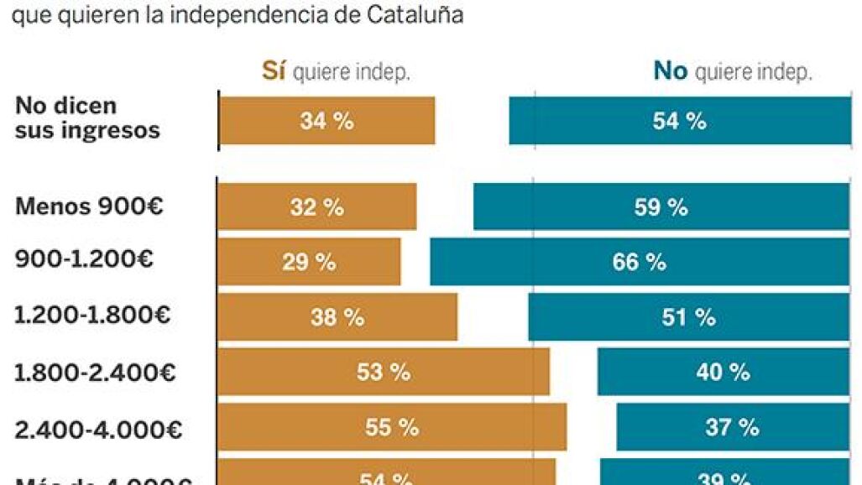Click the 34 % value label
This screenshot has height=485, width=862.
[x=327, y=122]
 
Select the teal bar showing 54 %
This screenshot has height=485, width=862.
[x=679, y=122]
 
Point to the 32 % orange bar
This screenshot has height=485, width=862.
[x=316, y=207]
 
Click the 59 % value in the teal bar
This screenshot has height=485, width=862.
[x=661, y=207]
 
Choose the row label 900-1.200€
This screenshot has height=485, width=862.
[x=84, y=261]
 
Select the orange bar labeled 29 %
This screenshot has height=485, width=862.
[x=309, y=262]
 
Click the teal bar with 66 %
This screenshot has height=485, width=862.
[x=639, y=262]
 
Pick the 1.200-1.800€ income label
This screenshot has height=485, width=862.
[x=92, y=316]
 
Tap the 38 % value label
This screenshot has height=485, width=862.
[x=337, y=317]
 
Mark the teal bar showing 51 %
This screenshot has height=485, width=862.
[x=688, y=317]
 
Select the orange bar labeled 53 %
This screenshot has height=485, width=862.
[x=384, y=373]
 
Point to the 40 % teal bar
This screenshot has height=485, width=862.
[x=723, y=373]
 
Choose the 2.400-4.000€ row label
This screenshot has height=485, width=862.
[x=98, y=429]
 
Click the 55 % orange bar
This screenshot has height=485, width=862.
[x=392, y=428]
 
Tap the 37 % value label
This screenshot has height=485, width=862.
[x=732, y=428]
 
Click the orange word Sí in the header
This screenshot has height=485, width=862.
[x=274, y=72]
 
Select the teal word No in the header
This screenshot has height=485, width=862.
[x=670, y=72]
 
